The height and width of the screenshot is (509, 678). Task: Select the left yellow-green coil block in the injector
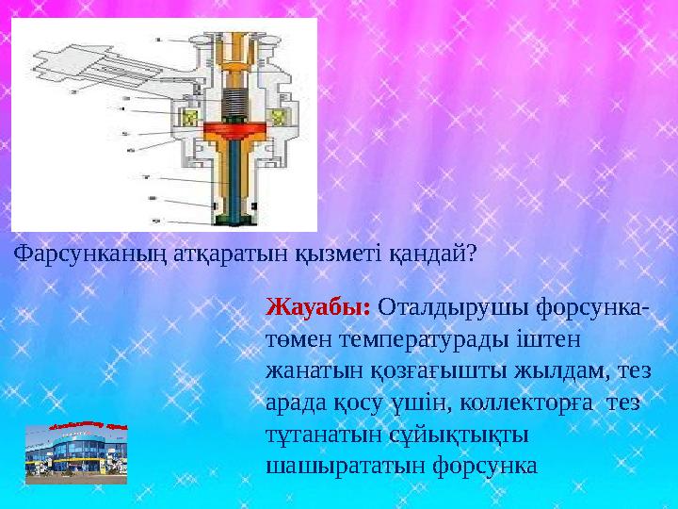188,120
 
